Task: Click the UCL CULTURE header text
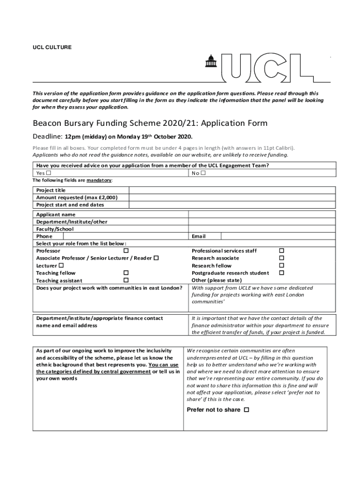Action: click(52, 47)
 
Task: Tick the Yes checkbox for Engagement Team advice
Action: click(49, 173)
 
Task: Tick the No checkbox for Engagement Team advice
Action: click(203, 173)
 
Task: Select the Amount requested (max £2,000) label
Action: click(77, 197)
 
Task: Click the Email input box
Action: click(278, 236)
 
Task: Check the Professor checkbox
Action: click(126, 251)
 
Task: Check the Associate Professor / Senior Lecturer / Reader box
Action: click(156, 258)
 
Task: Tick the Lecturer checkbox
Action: click(61, 266)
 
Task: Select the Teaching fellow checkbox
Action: click(126, 273)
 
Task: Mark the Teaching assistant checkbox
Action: click(126, 280)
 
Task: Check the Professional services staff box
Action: click(281, 251)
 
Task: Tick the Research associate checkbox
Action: click(281, 258)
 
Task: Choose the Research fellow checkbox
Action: click(281, 266)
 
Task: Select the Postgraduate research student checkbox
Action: click(281, 273)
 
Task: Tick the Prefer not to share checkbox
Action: click(246, 410)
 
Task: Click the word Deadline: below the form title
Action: click(47, 137)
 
